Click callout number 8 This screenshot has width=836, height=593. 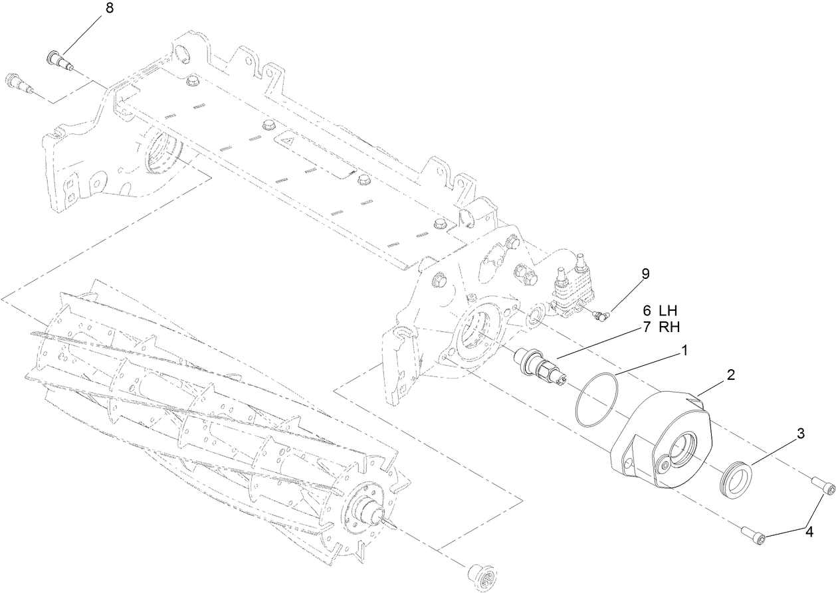tap(109, 9)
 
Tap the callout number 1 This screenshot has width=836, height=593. tap(682, 350)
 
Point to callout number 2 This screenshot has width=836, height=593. tap(730, 375)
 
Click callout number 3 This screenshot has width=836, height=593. tap(801, 434)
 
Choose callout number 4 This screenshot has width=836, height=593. tap(809, 531)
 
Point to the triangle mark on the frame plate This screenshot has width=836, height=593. tap(287, 141)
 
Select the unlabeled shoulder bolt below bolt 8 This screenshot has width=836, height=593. tap(19, 83)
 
